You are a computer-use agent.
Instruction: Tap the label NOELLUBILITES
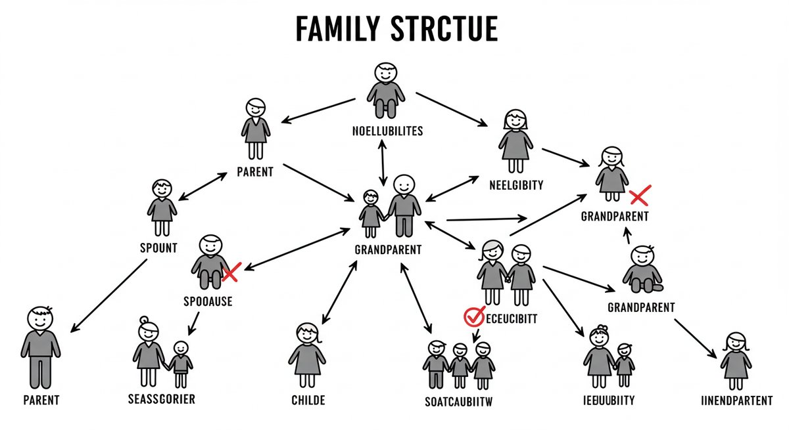tap(387, 131)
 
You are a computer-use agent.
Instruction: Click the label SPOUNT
tap(158, 249)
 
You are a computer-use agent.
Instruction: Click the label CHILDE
tap(307, 400)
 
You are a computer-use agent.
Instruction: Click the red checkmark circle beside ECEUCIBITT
tap(473, 316)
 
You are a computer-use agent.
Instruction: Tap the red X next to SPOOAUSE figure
tap(231, 272)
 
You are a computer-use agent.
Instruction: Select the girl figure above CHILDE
tap(307, 355)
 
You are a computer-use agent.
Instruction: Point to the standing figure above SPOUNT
tap(161, 207)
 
